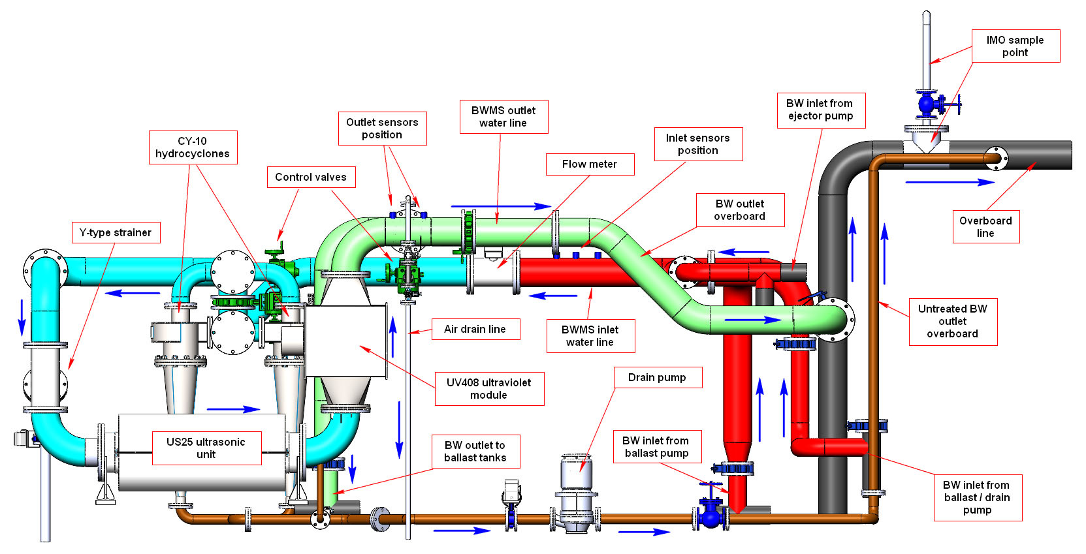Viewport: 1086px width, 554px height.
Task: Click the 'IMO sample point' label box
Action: [1015, 46]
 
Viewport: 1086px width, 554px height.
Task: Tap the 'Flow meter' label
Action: [589, 164]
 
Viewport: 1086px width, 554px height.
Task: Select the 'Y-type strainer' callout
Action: [115, 233]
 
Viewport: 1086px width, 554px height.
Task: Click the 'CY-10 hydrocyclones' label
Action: [193, 147]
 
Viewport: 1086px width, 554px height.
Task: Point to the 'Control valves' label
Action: [311, 177]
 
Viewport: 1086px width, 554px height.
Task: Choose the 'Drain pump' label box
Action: [657, 378]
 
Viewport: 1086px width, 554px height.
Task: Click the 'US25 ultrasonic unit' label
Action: [206, 448]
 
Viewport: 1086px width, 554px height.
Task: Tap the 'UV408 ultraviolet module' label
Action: [488, 389]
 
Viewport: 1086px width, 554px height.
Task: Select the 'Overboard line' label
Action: [985, 227]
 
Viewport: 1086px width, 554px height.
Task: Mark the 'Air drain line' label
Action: [475, 330]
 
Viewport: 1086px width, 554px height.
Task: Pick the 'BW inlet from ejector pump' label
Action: [820, 110]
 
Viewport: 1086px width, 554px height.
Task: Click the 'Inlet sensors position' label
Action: [697, 144]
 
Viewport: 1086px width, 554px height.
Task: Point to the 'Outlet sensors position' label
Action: [382, 129]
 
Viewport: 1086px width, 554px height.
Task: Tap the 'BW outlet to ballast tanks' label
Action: [475, 452]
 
